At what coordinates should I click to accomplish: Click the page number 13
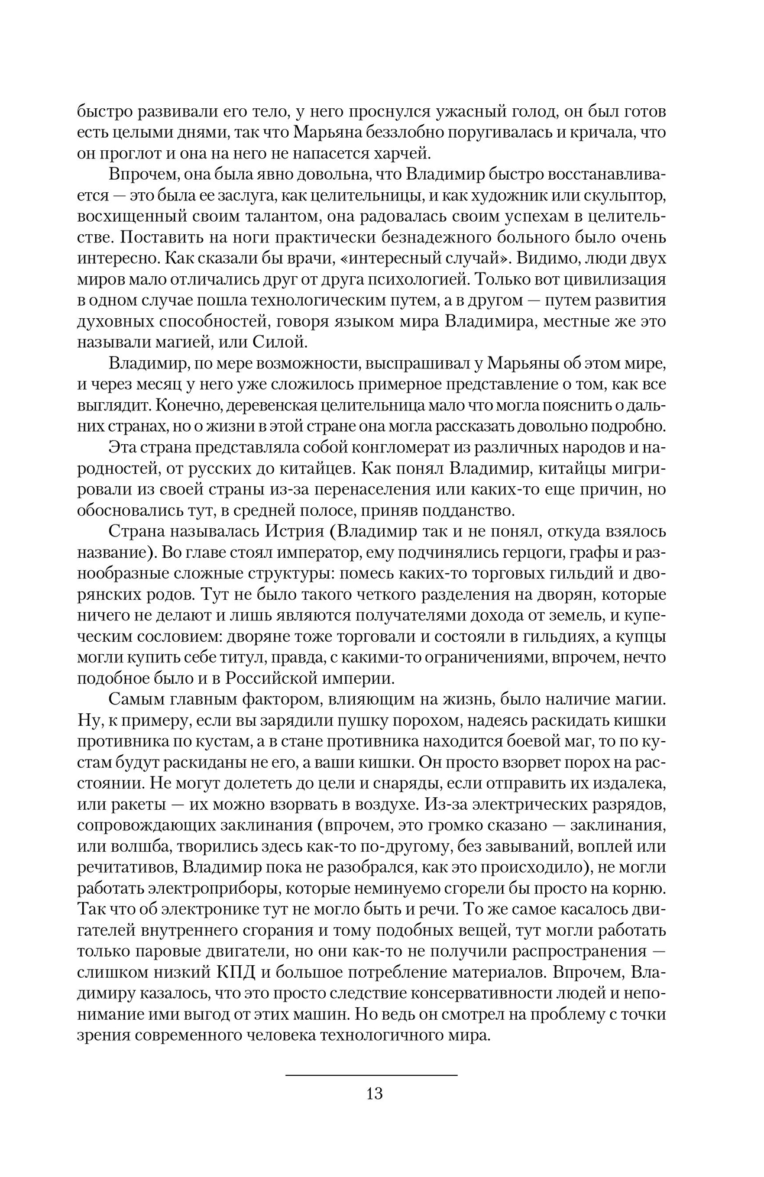pos(375,1093)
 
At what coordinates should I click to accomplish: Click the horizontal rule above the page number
pos(371,1074)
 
